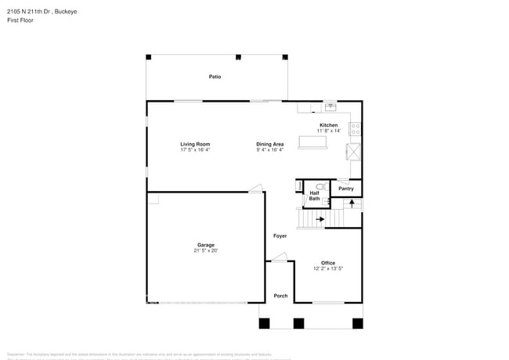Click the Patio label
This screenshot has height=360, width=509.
click(215, 77)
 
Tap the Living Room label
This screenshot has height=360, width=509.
click(195, 144)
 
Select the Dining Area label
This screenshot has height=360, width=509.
click(270, 144)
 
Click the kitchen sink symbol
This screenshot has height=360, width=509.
click(330, 106)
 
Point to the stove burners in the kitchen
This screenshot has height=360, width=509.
click(356, 128)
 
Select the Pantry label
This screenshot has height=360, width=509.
click(345, 189)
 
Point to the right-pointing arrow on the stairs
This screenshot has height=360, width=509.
click(319, 219)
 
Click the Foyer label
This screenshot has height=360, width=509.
click(280, 236)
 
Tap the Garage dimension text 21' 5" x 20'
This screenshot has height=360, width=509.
click(206, 250)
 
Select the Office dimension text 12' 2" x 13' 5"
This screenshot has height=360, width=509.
click(328, 268)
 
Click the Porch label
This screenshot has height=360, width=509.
click(280, 296)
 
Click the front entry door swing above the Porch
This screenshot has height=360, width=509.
click(280, 256)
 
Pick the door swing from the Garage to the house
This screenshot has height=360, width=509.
click(255, 188)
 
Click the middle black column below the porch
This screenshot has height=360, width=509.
click(298, 322)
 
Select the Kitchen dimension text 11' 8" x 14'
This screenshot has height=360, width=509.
click(329, 131)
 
